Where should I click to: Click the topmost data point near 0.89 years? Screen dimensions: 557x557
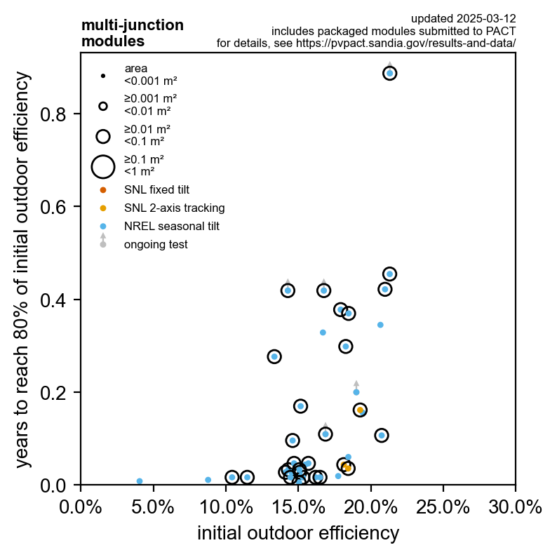(x=390, y=73)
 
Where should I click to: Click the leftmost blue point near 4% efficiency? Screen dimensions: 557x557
(x=140, y=481)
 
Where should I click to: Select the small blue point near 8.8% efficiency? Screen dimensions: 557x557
(x=208, y=480)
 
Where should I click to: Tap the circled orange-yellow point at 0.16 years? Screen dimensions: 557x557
(x=361, y=410)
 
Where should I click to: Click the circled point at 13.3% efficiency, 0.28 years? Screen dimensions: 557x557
(x=274, y=356)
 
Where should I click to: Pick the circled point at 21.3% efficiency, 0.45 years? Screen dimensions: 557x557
(x=390, y=274)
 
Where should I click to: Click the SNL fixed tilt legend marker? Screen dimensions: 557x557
(x=103, y=189)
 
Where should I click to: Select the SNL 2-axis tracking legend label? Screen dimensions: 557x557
(x=174, y=208)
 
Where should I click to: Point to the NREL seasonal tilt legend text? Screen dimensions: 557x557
(x=171, y=226)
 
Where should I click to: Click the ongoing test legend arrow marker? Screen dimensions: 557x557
(x=103, y=241)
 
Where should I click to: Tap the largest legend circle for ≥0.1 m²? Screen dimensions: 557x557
(x=103, y=166)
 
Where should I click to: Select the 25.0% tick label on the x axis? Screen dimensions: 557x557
(x=443, y=506)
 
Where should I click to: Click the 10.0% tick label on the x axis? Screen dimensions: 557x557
(x=226, y=506)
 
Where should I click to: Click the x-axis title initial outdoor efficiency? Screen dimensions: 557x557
(x=298, y=533)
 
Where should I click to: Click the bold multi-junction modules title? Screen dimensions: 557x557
(x=133, y=33)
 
